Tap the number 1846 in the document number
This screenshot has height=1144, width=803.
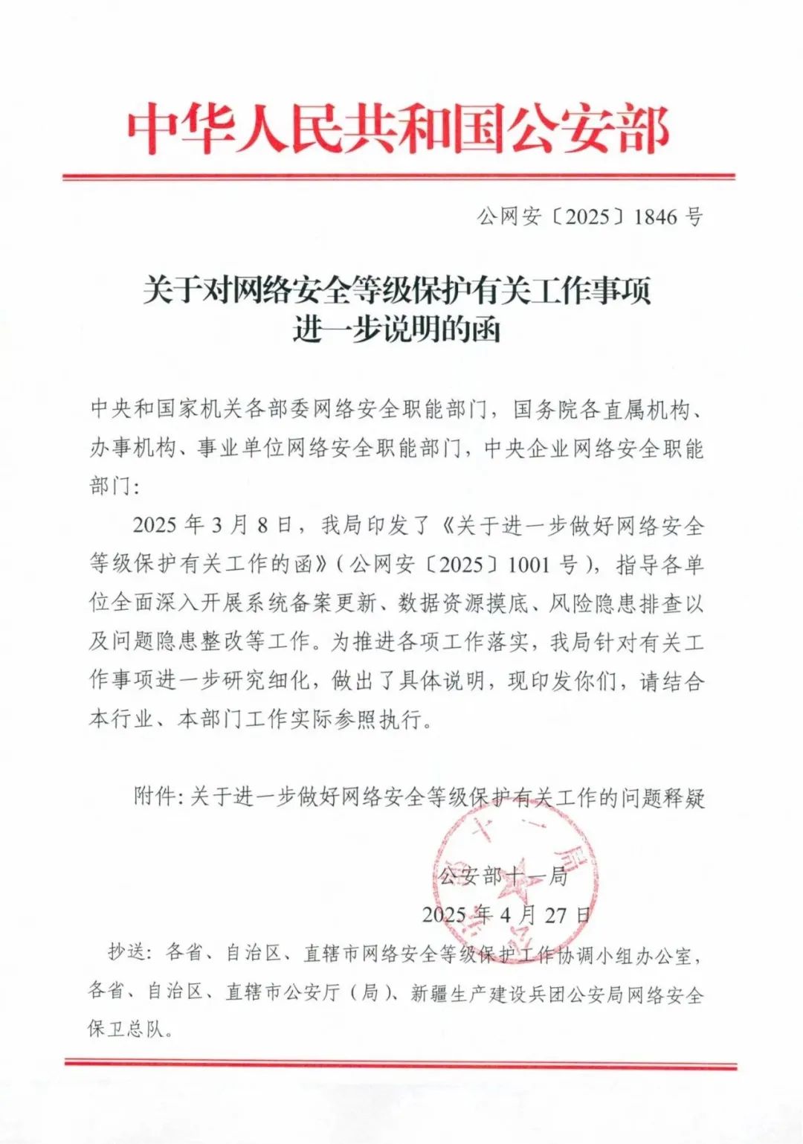tap(656, 216)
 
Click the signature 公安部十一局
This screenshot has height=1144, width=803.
tap(503, 876)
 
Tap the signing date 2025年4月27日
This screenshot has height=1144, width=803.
tap(506, 915)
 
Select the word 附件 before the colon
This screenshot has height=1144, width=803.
tap(153, 797)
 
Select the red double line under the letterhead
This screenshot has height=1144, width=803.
tap(399, 177)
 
